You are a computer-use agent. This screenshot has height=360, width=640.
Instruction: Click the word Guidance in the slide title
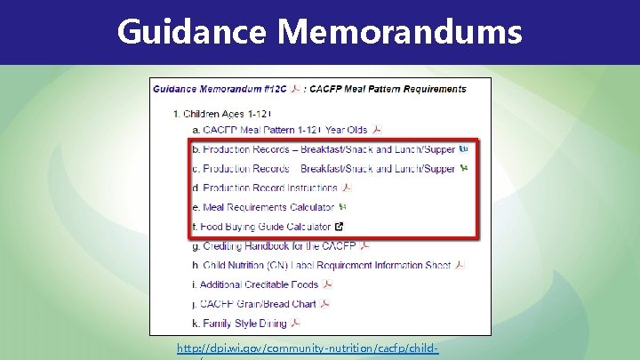click(191, 32)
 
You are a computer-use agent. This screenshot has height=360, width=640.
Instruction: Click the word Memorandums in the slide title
click(399, 32)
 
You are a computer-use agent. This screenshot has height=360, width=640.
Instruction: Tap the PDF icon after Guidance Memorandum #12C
click(294, 89)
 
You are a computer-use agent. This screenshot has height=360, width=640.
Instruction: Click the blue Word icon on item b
click(463, 149)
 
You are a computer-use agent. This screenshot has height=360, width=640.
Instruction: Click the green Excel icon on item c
click(463, 168)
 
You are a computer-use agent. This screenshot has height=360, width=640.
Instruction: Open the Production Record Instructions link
click(270, 188)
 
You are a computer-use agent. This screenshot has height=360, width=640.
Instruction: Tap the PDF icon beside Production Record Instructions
click(347, 188)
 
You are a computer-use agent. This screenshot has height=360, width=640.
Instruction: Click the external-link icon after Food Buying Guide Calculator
click(339, 227)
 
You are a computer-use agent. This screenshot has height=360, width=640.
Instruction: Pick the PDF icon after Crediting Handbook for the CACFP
click(364, 245)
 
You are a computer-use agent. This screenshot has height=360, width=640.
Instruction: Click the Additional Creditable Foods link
click(259, 284)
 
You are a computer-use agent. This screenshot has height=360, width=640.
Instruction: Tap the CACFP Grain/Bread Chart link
click(258, 304)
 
